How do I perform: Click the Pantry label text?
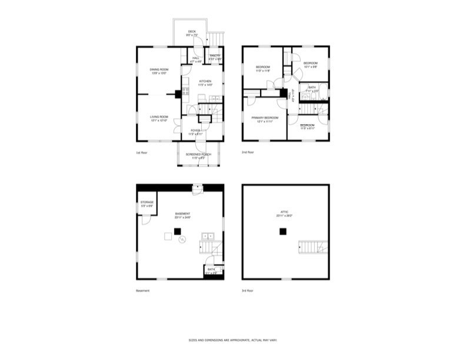pos(215,57)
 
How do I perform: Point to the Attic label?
pos(285,214)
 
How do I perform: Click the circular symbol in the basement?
pos(182,239)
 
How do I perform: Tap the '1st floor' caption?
pos(142,152)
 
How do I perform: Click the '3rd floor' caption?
pos(248,291)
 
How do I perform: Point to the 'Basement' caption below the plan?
pos(143,291)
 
